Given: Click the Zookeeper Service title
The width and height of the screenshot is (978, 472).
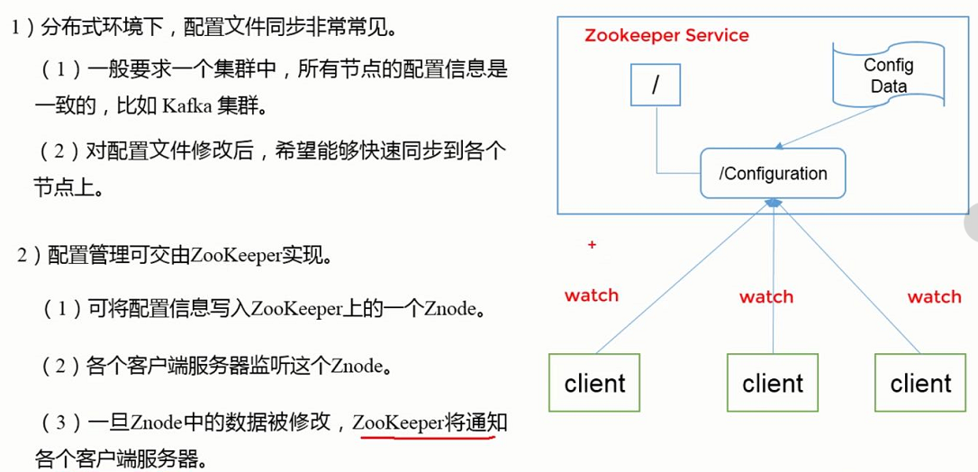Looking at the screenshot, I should pos(666,36).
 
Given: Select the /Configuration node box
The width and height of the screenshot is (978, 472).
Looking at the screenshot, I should pos(774,173).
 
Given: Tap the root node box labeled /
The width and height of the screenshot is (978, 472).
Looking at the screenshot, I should pos(656,86).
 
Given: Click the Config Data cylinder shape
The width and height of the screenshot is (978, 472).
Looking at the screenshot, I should pos(888,76).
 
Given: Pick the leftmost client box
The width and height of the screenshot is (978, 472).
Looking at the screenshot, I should pos(594,384).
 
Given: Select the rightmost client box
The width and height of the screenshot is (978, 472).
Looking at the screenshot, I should pos(920,384).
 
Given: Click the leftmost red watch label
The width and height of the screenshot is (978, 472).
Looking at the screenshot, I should pos(592,295).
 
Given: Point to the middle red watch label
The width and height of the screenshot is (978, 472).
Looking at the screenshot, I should pos(766,296).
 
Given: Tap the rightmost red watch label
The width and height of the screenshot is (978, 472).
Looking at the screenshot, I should pos(934,296).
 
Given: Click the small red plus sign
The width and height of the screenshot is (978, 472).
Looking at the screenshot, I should pos(592,244).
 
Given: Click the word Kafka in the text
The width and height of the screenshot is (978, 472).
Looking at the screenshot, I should pos(186,108).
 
